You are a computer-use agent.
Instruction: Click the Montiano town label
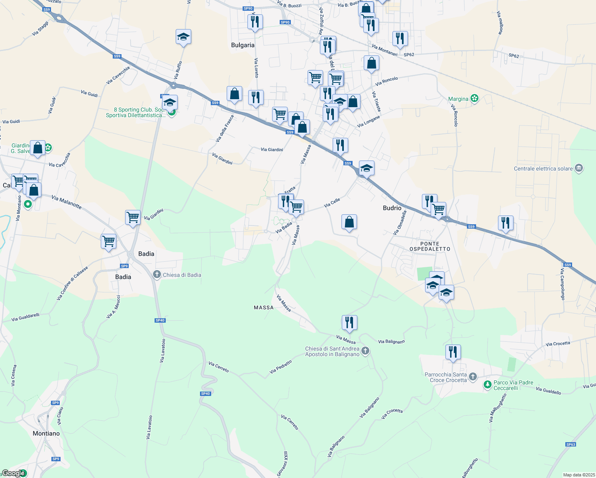point(46,433)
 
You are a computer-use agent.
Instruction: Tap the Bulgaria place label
point(243,45)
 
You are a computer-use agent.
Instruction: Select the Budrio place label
point(392,208)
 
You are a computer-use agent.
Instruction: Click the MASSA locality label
point(264,308)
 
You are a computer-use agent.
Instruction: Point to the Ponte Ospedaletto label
point(430,246)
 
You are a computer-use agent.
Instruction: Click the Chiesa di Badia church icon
point(157,274)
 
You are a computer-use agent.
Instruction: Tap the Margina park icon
point(474,98)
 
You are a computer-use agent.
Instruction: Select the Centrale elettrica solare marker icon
point(579,168)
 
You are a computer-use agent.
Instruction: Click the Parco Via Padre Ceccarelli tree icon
point(487,385)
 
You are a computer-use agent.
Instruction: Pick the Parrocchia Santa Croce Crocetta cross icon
point(473,377)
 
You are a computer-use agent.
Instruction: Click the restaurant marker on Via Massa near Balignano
point(349,323)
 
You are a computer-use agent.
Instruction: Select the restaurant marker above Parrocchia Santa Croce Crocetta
point(453,352)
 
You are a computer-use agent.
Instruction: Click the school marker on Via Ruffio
point(183,37)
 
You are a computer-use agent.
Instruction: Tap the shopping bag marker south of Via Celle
point(349,222)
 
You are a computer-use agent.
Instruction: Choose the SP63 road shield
point(571,445)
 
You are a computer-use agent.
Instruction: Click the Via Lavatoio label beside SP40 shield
point(162,351)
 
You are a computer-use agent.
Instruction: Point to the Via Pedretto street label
point(281,367)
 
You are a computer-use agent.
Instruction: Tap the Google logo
point(14,473)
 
